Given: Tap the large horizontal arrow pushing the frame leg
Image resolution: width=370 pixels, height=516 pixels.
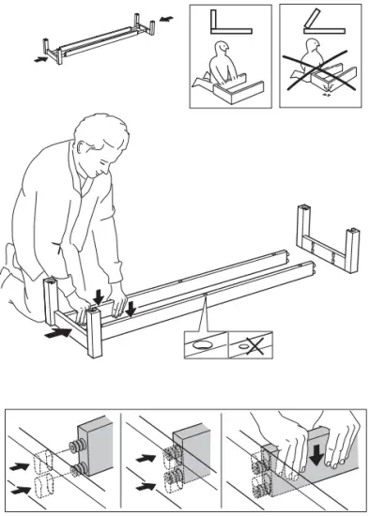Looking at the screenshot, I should click(57, 330).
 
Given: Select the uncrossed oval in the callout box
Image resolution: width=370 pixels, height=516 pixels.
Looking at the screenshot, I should click(202, 344).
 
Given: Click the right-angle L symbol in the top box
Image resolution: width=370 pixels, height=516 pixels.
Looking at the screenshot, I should click(223, 23).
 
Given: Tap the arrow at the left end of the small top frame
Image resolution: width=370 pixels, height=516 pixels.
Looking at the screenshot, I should click(39, 58).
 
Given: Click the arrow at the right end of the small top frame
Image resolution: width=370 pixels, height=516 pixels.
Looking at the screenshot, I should click(165, 17).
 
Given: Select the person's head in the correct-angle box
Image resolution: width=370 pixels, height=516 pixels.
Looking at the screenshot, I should click(222, 48).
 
